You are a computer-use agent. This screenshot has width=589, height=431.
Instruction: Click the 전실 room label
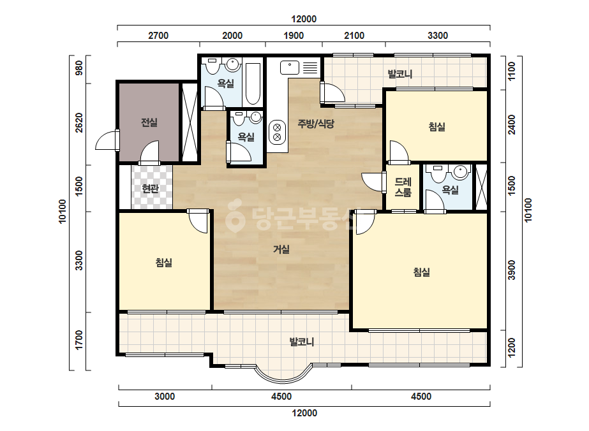(x=149, y=122)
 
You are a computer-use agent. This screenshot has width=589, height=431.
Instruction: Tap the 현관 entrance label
(x=150, y=189)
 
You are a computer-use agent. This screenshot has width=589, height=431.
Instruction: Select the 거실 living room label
(x=281, y=249)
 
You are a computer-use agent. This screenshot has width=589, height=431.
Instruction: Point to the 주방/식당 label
(x=315, y=124)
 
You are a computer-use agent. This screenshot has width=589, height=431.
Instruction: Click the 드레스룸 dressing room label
(x=403, y=187)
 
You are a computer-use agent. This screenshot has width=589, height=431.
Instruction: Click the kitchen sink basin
(x=290, y=68)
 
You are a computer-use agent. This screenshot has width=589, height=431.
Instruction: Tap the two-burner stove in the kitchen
(x=277, y=132)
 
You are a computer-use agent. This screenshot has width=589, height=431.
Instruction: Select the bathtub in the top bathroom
(x=253, y=84)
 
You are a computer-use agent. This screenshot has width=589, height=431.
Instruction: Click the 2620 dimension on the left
(x=79, y=122)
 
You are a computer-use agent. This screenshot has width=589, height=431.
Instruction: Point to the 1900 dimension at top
(x=294, y=36)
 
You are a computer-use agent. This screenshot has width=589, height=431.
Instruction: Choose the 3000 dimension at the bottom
(x=165, y=397)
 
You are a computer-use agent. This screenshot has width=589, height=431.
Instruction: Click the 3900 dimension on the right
(x=512, y=270)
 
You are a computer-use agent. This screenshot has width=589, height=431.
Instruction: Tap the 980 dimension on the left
(x=79, y=68)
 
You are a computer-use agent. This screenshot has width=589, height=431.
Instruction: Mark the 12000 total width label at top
(x=304, y=19)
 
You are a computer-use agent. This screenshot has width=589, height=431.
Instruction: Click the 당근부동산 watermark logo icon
(x=235, y=216)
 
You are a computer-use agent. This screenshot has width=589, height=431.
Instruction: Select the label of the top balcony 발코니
(x=400, y=74)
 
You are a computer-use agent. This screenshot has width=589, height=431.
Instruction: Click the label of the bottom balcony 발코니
(x=302, y=342)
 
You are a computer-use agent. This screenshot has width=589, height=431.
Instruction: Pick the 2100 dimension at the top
(x=354, y=36)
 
